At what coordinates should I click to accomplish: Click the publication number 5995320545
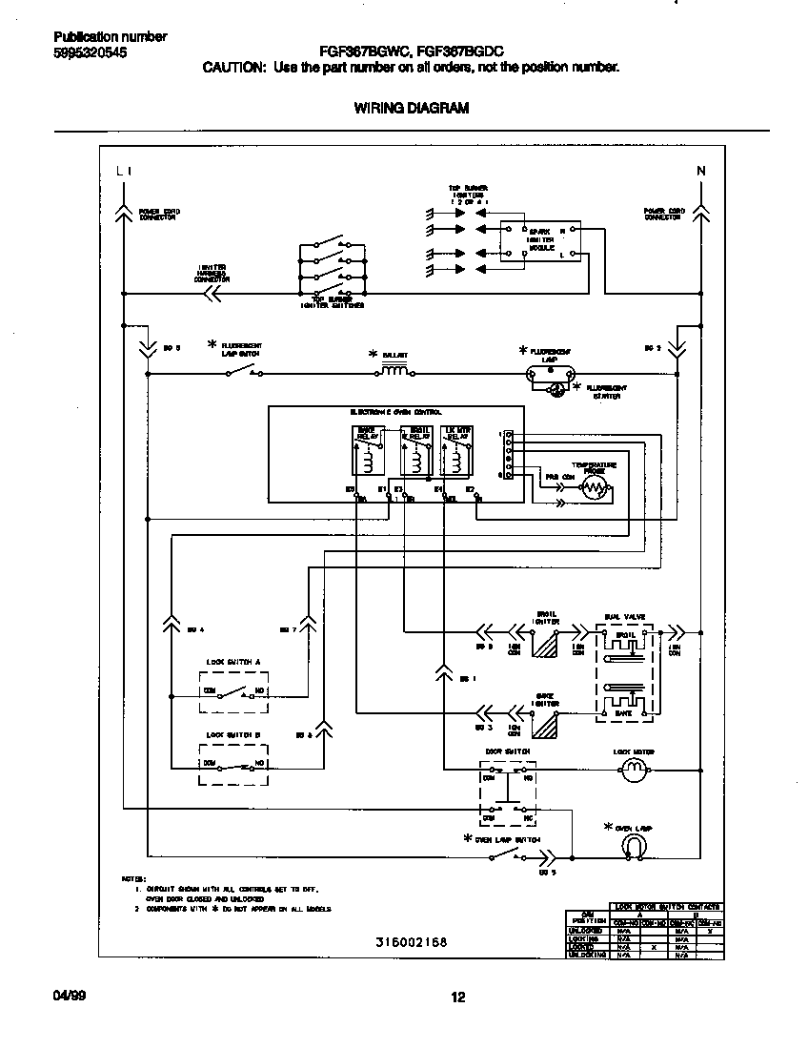91,53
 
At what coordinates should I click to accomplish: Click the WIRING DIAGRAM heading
412,108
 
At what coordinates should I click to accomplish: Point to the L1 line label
123,172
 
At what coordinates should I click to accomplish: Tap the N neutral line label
701,172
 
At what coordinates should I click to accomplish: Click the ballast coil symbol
394,367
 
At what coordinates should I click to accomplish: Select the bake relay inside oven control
366,451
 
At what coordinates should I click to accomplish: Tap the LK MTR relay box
458,451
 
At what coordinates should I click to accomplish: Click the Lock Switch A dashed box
233,691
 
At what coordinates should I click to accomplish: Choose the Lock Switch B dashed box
233,765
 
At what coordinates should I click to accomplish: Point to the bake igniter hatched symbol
546,726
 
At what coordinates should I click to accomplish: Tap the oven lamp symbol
635,844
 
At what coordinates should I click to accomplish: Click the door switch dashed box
506,792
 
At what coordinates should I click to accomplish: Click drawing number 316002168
411,942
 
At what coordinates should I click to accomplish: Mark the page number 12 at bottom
456,998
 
